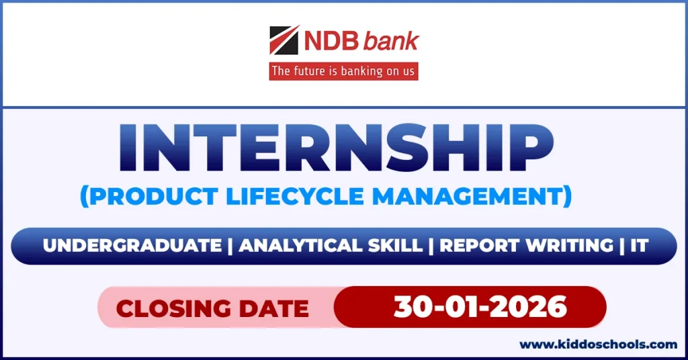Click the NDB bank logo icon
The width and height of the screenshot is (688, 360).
pos(284,41)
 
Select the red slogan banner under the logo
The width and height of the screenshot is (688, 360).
pos(343,71)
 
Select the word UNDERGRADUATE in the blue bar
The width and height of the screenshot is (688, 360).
pos(132,246)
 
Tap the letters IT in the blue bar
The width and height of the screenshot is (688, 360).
pos(639,246)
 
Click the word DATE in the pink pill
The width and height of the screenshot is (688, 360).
pos(275,308)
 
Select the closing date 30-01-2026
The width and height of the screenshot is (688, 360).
pos(480,307)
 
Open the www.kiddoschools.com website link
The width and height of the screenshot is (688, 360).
pos(599,345)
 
